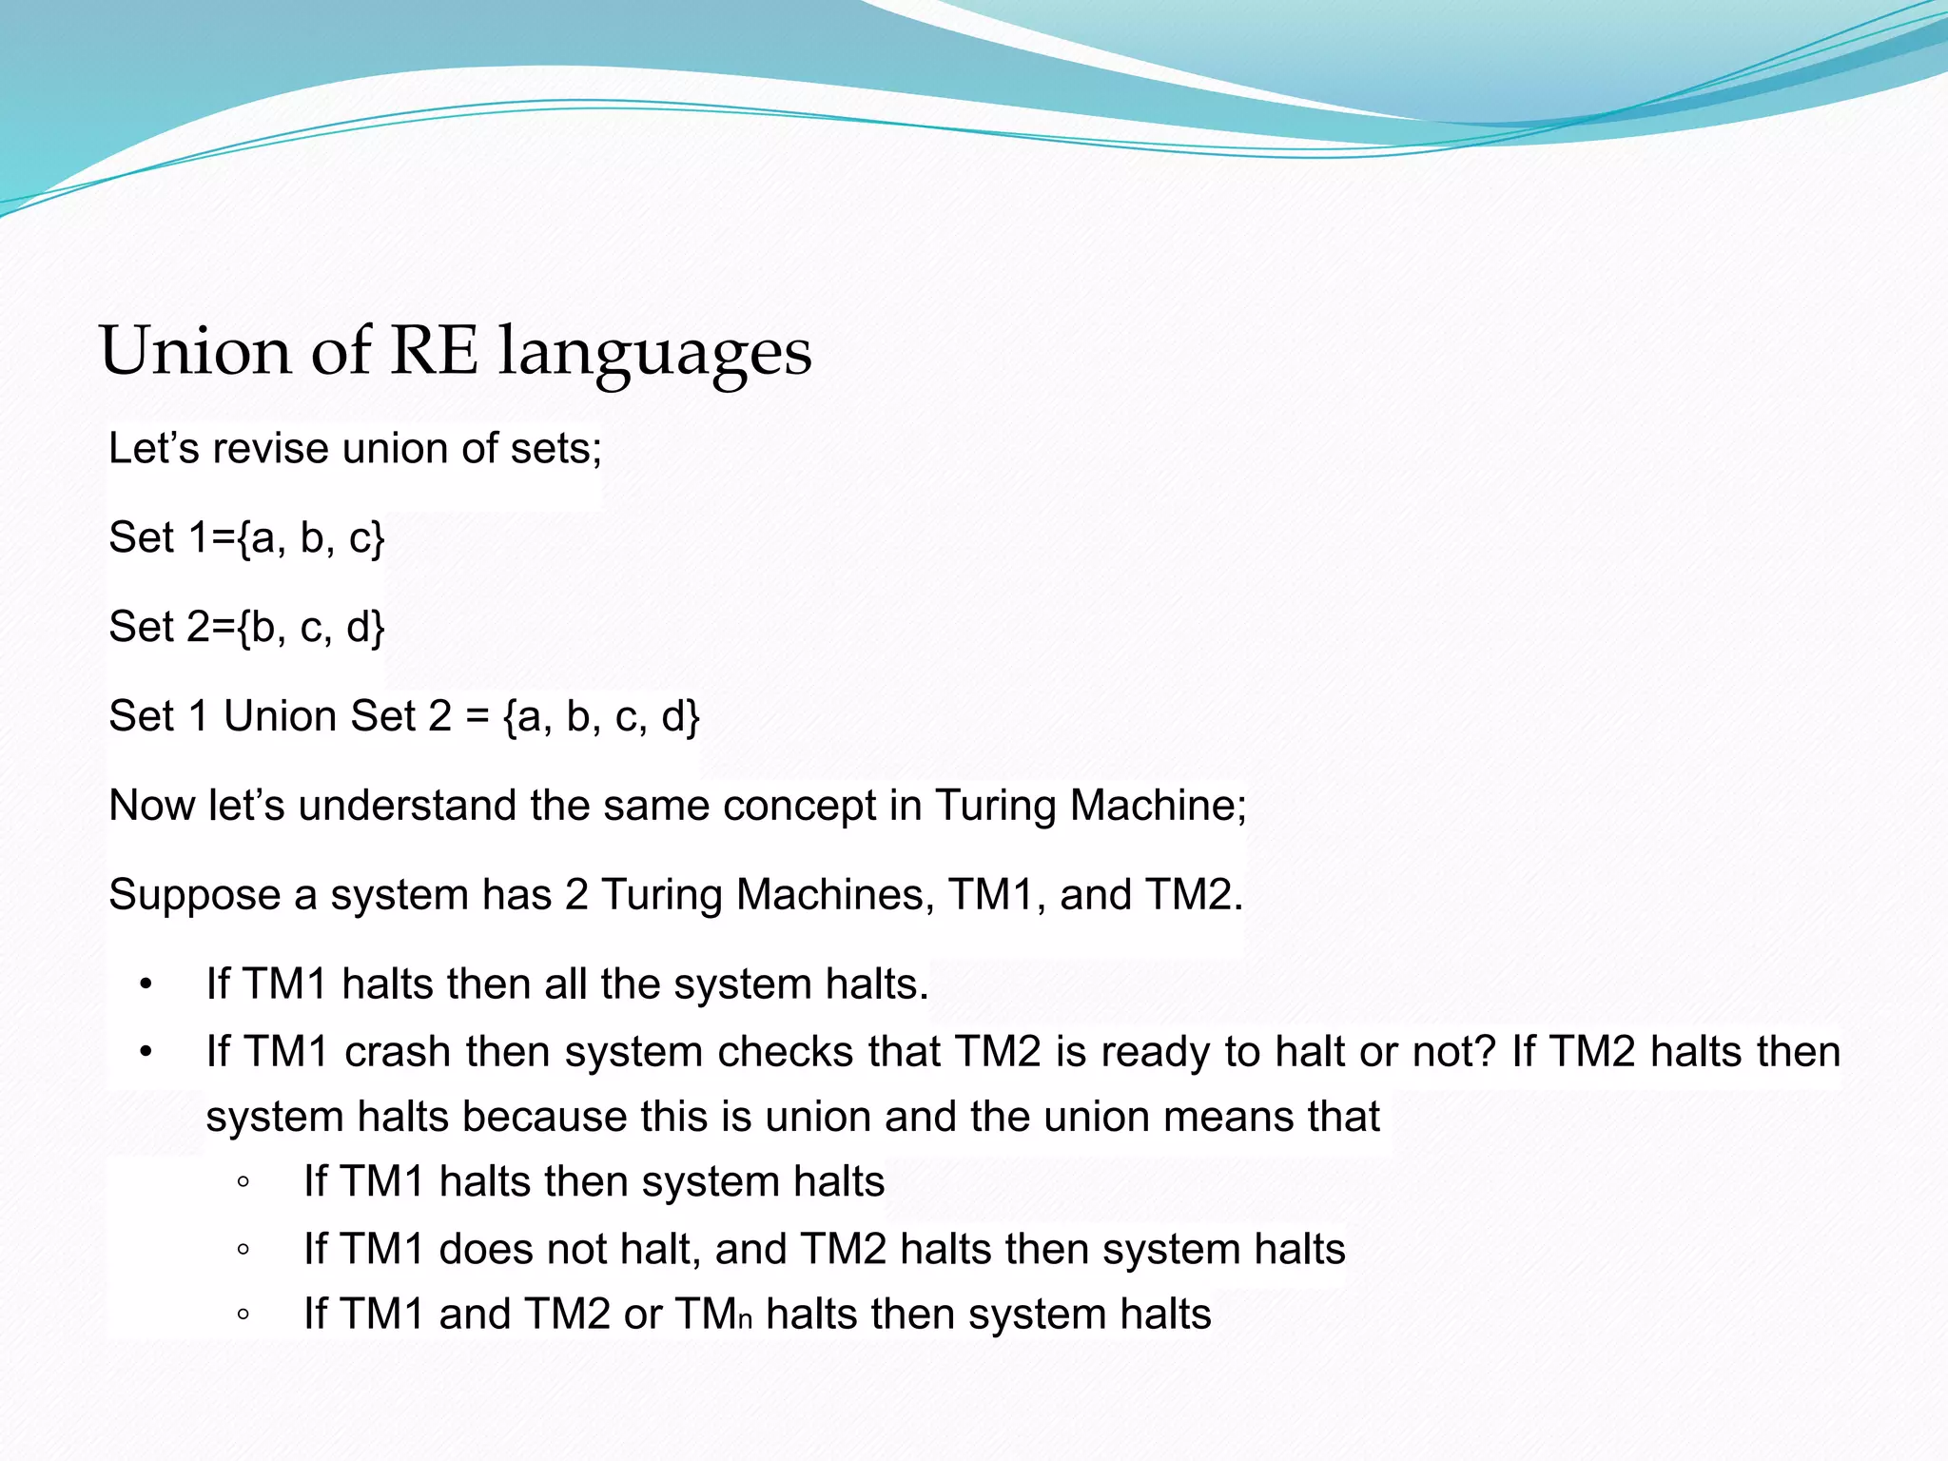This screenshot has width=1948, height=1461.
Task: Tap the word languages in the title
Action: click(x=655, y=353)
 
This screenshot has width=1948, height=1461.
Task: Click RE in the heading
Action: click(x=433, y=351)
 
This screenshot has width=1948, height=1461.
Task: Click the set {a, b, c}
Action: click(x=311, y=538)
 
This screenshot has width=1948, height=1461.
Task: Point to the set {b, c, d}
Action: click(x=311, y=628)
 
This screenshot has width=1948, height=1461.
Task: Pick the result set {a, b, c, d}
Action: click(x=601, y=716)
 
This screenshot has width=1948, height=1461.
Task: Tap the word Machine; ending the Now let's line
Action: click(x=1158, y=806)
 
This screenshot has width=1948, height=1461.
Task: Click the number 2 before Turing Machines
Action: click(x=576, y=895)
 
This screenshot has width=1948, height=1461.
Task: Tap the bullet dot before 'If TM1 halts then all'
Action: click(x=146, y=984)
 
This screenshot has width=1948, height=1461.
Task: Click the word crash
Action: click(x=398, y=1052)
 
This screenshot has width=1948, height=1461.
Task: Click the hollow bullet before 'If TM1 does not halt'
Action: click(x=243, y=1250)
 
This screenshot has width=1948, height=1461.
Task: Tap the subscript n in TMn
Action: click(x=745, y=1321)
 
